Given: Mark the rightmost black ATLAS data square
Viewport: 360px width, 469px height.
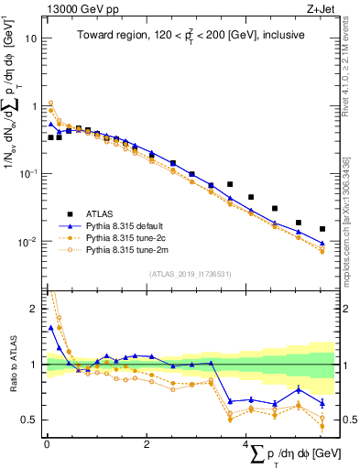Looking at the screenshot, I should (322, 229).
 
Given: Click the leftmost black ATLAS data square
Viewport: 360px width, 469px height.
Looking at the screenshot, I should (51, 137).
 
